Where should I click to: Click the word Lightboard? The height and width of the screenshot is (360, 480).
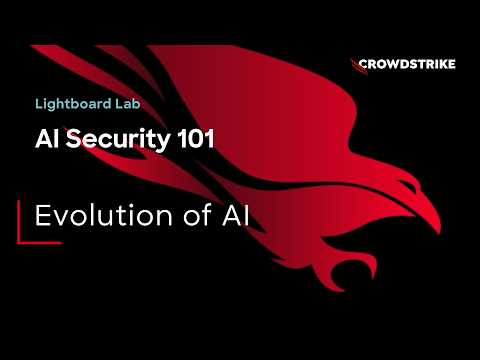coord(74,104)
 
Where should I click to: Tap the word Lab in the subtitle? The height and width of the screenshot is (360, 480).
coord(128,104)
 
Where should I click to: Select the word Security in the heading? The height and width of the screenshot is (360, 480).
coord(118,139)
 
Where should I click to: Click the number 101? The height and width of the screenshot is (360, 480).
coord(196,138)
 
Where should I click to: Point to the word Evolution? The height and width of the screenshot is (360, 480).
coord(104,215)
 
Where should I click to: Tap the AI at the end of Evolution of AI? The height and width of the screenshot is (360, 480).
coord(236,216)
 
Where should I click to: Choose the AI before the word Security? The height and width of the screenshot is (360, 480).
coord(48,138)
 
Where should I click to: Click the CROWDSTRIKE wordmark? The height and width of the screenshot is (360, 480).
coord(407,64)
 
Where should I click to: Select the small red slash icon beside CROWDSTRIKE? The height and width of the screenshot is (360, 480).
coord(359,67)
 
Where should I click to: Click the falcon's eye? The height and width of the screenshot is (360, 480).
coord(409,185)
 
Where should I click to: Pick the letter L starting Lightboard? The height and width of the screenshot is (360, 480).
coord(39,104)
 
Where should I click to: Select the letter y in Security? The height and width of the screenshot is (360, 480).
coord(163,142)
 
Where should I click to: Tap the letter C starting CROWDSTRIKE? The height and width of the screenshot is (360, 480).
coord(364,64)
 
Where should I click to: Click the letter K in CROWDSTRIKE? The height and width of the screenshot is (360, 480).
coord(440,64)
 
